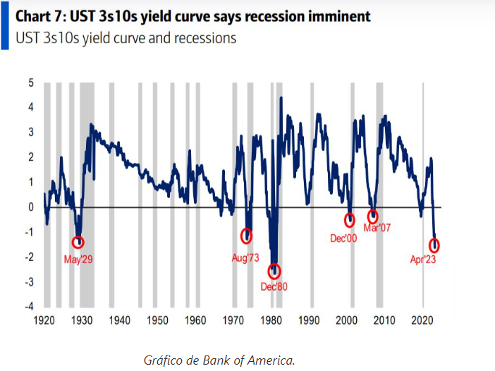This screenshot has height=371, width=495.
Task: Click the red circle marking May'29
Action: pos(78,243)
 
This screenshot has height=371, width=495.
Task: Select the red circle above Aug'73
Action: pos(247,236)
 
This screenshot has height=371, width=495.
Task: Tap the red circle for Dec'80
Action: pos(274,271)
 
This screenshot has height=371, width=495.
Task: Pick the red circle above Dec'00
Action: pos(350,220)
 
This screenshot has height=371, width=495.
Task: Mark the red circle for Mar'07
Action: pos(373,217)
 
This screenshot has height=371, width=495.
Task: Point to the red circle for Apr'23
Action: pos(435,245)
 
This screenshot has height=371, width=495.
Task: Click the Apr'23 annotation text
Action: pos(426,260)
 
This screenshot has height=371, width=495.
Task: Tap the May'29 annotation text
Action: pos(78,260)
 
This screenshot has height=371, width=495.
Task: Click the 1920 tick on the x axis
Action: pos(44,320)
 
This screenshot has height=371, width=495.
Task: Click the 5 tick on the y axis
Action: pos(31,83)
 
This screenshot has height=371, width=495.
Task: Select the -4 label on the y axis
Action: pos(29,306)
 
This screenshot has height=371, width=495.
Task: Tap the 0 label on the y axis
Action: pos(31,207)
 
